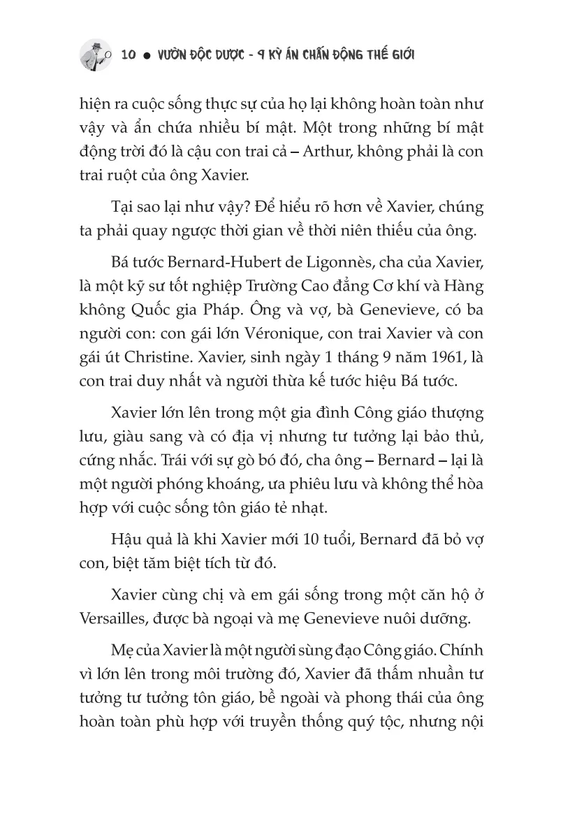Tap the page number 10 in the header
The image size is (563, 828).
(x=129, y=55)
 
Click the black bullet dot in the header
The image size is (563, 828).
(x=149, y=56)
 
